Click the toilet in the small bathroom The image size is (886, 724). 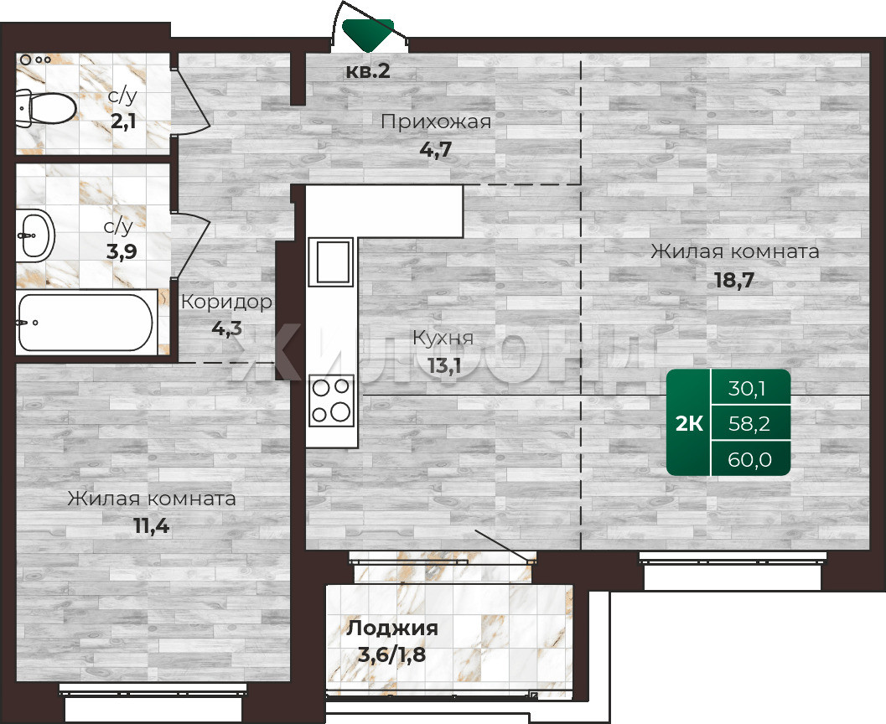tap(46, 107)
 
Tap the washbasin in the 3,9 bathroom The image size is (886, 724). tap(35, 235)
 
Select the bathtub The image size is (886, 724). tap(85, 323)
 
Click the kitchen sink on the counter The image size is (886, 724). tap(330, 261)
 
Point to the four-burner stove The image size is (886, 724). tap(332, 400)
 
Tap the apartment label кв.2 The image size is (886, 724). tap(368, 71)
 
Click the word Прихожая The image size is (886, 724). tap(436, 122)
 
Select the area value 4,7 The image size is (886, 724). tap(436, 150)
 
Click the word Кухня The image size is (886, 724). tap(443, 338)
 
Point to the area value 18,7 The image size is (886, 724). tap(734, 280)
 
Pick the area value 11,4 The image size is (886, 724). tap(152, 526)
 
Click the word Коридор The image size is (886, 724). tap(226, 303)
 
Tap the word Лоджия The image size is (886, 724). tap(392, 628)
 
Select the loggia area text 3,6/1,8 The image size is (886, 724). tap(392, 655)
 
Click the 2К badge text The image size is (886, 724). tap(689, 423)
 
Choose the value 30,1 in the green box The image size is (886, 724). tap(747, 389)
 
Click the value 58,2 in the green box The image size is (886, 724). tap(749, 423)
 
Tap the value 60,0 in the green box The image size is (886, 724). tap(749, 460)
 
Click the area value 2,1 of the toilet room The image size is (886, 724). tap(123, 122)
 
